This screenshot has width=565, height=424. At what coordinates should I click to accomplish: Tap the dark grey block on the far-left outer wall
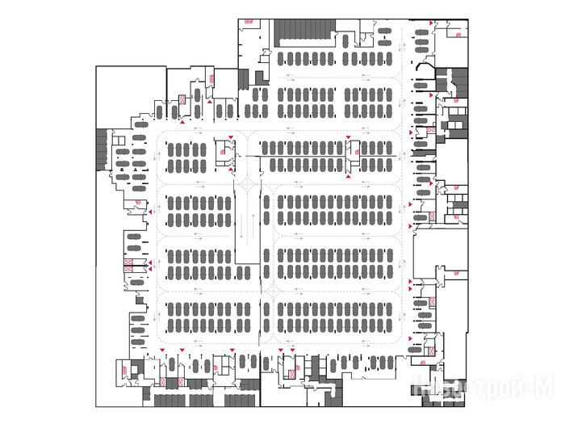click(100, 149)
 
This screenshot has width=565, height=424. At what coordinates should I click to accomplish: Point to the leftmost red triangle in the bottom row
click(163, 350)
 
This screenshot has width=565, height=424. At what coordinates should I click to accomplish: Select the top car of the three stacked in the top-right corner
click(421, 31)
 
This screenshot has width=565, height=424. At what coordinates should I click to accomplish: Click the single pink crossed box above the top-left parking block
click(181, 100)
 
